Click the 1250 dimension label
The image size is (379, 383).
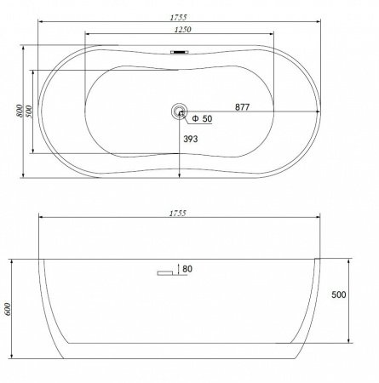click(x=183, y=29)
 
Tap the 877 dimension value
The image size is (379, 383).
click(x=242, y=107)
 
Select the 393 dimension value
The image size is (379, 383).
click(x=191, y=139)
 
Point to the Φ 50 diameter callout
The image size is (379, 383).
click(x=202, y=118)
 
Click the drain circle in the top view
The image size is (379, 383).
click(x=180, y=111)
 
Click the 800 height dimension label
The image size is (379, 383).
click(x=19, y=111)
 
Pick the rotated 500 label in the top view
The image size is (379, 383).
click(x=29, y=111)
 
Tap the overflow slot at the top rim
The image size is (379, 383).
click(x=180, y=52)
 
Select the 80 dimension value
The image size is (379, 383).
click(x=187, y=269)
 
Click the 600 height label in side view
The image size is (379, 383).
click(x=7, y=309)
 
